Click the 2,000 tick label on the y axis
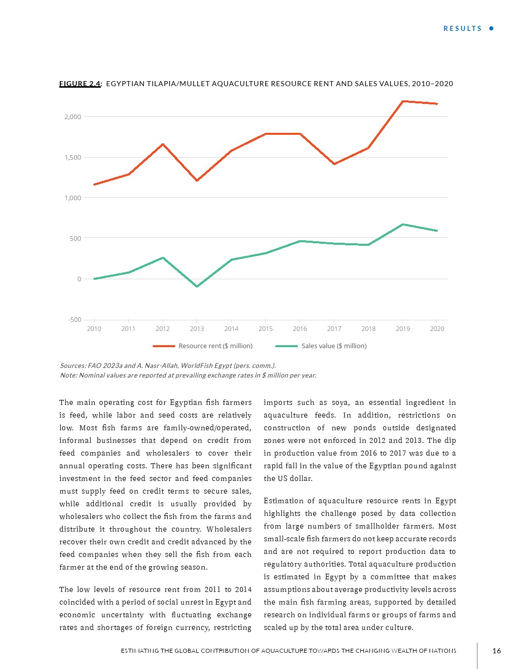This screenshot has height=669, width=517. pyautogui.click(x=72, y=117)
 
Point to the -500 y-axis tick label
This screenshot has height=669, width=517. pyautogui.click(x=75, y=319)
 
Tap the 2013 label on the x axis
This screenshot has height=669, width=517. pyautogui.click(x=197, y=328)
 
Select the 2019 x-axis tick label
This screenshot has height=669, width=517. pyautogui.click(x=402, y=328)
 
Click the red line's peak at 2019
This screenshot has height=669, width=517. pyautogui.click(x=402, y=101)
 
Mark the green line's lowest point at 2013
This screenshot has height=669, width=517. pyautogui.click(x=197, y=286)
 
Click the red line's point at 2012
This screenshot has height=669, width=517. pyautogui.click(x=163, y=144)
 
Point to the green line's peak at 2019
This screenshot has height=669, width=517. pyautogui.click(x=402, y=225)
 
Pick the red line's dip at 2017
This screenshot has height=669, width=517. pyautogui.click(x=334, y=164)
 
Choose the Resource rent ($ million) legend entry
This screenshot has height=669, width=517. pyautogui.click(x=215, y=346)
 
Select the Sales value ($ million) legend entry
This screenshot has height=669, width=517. pyautogui.click(x=334, y=346)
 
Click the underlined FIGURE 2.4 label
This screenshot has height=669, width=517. pyautogui.click(x=80, y=84)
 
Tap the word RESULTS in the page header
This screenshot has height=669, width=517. pyautogui.click(x=462, y=28)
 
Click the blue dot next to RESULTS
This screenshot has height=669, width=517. pyautogui.click(x=491, y=28)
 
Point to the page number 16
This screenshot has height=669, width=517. pyautogui.click(x=496, y=651)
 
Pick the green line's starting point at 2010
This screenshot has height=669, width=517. pyautogui.click(x=94, y=279)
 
